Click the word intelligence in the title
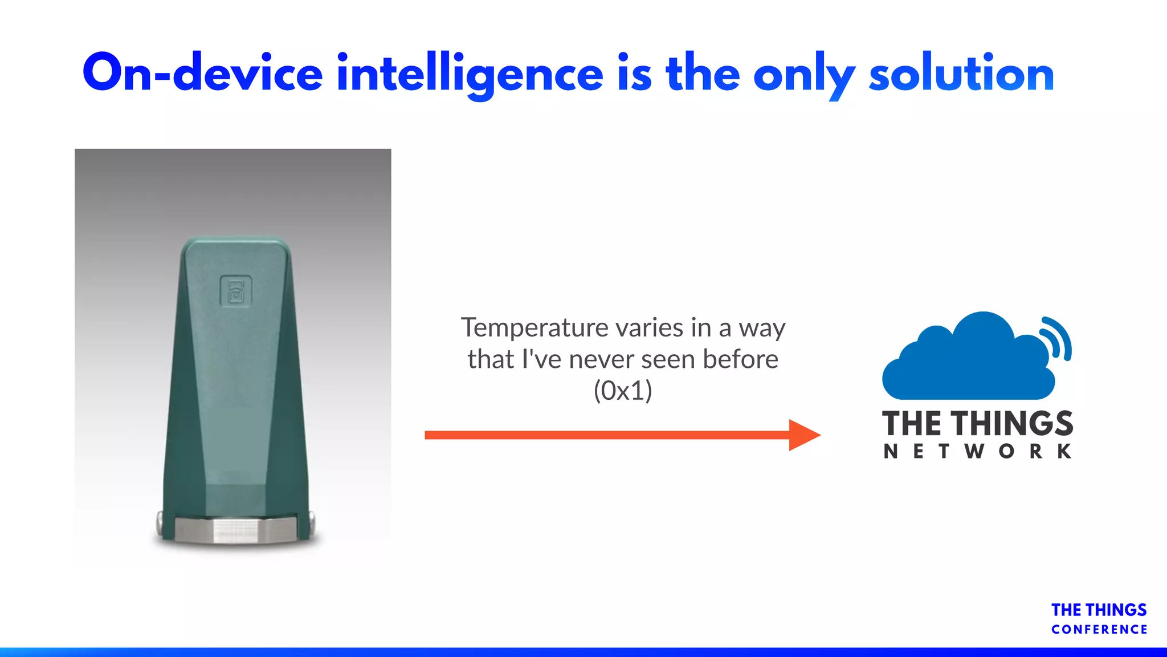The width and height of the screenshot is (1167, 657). pyautogui.click(x=470, y=74)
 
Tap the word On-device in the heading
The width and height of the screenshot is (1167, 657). pyautogui.click(x=202, y=74)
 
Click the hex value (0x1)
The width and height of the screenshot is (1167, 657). pyautogui.click(x=623, y=391)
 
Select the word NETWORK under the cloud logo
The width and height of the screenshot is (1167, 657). pyautogui.click(x=977, y=452)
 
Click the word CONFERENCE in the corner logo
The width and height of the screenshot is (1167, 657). pyautogui.click(x=1099, y=630)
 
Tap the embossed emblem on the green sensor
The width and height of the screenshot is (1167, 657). pyautogui.click(x=235, y=291)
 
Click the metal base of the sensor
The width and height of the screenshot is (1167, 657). pyautogui.click(x=235, y=530)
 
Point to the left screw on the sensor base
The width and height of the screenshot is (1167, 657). pyautogui.click(x=161, y=521)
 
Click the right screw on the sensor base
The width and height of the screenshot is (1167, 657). pyautogui.click(x=311, y=520)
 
